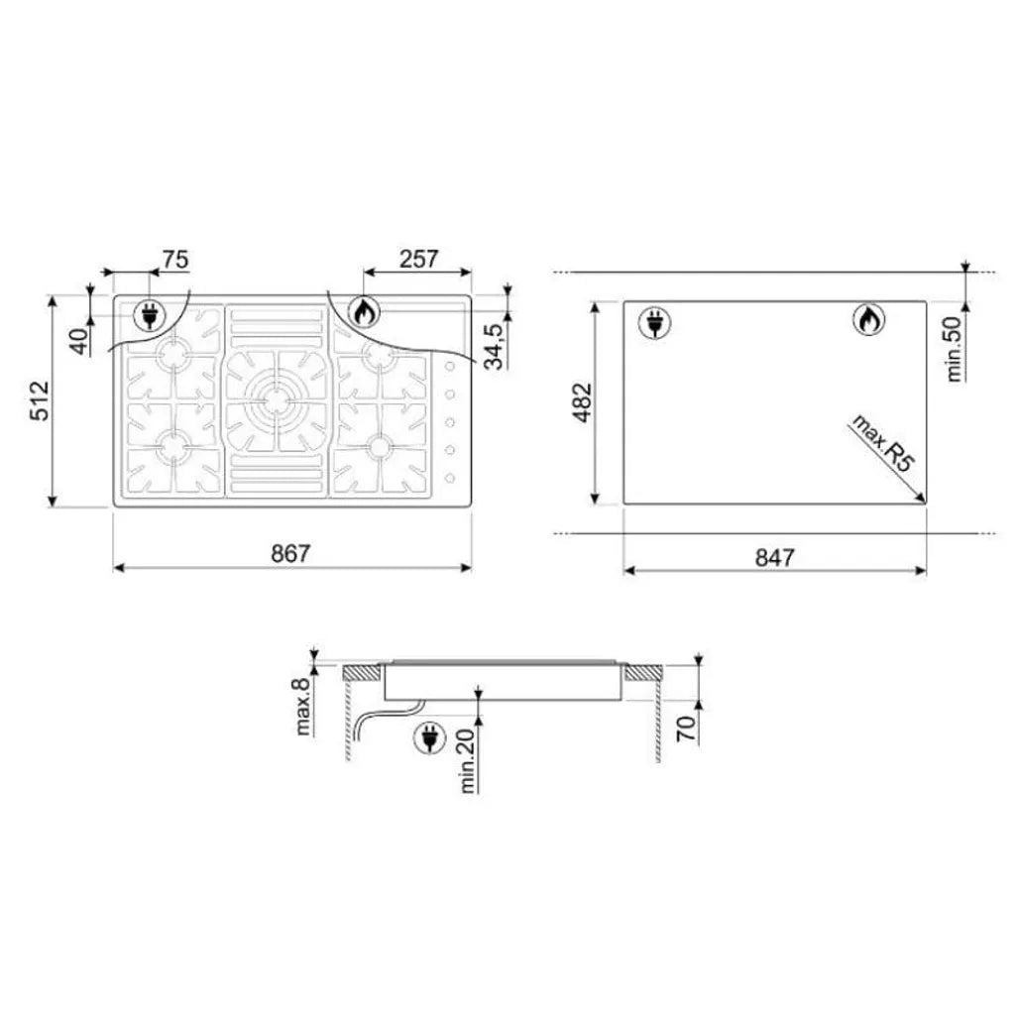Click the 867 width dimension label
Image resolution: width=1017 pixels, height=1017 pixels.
click(x=290, y=554)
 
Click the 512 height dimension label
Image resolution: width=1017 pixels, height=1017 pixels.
click(x=40, y=401)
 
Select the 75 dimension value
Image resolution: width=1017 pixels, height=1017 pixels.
click(x=174, y=260)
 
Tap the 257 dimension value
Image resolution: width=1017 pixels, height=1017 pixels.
click(x=417, y=260)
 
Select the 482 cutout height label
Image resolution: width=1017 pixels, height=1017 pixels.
click(x=582, y=402)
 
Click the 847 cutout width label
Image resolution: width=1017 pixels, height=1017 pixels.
click(x=774, y=558)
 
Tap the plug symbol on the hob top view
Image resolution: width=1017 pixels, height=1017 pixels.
click(x=149, y=315)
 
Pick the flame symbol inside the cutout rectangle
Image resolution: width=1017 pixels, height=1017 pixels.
click(x=869, y=320)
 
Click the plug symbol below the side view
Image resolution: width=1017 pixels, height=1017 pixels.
click(x=430, y=737)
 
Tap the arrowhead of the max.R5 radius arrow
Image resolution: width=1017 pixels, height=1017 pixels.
click(x=922, y=500)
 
